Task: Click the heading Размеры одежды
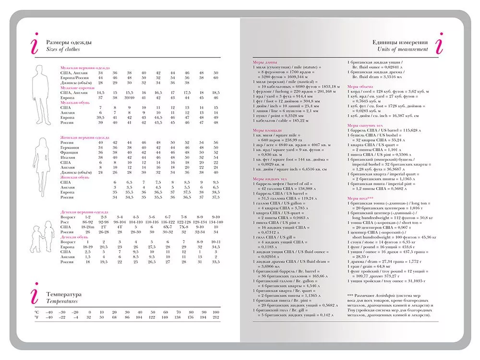click(69, 42)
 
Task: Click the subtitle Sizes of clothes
click(63, 49)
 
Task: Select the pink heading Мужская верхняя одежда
click(85, 68)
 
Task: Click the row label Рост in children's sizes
click(64, 223)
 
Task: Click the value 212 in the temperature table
click(216, 317)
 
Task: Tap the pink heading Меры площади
click(267, 131)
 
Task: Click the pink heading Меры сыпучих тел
click(367, 126)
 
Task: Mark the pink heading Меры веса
click(360, 198)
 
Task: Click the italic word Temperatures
click(62, 301)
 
